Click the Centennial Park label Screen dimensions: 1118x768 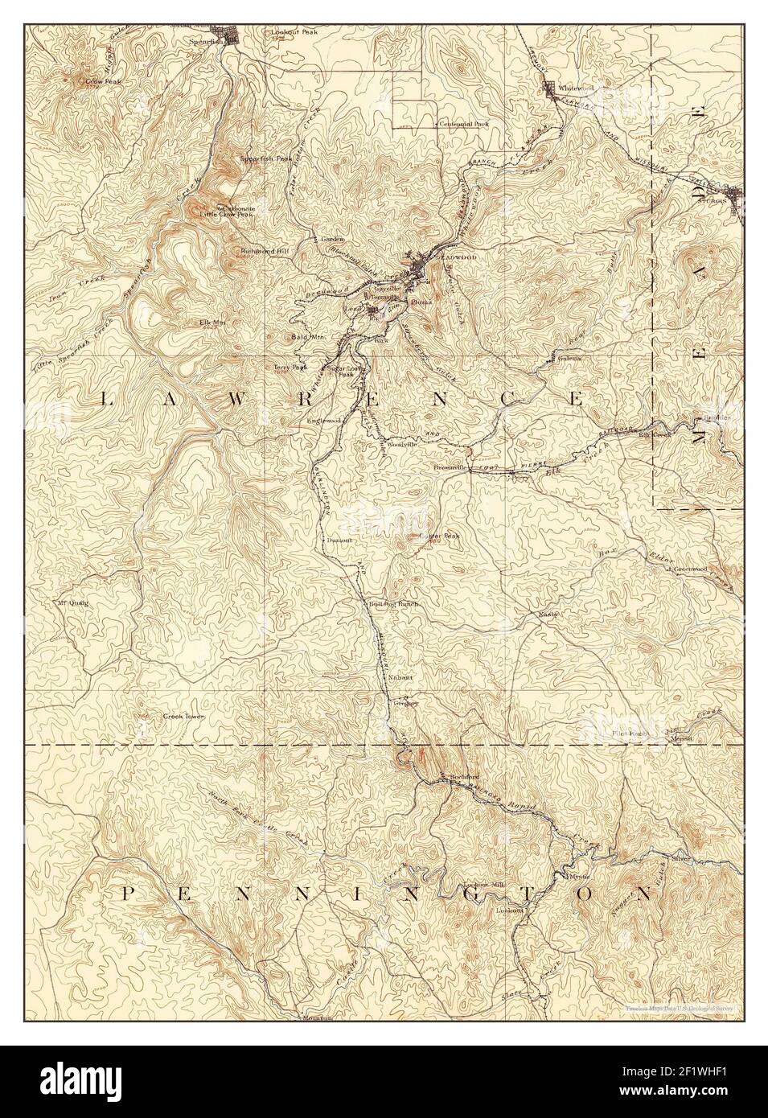[463, 124]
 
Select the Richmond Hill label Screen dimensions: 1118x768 [263, 251]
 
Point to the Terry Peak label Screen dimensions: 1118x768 [290, 367]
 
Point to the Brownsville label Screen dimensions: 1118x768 [450, 467]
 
